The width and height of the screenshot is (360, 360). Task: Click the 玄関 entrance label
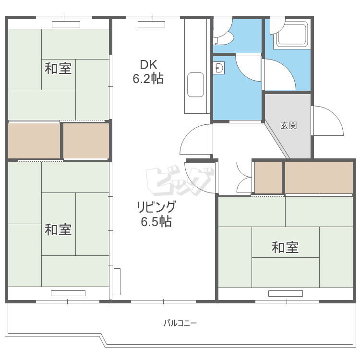tap(288, 126)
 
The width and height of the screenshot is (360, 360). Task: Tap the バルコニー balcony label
tap(180, 323)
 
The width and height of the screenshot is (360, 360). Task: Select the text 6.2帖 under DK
tap(148, 79)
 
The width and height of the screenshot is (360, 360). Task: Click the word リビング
tap(156, 207)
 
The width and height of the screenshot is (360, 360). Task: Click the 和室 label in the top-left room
tap(58, 69)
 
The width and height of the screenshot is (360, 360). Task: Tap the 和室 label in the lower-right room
tap(285, 248)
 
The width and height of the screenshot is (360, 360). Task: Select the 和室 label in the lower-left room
tap(58, 230)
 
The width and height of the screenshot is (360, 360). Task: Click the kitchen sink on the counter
tap(195, 84)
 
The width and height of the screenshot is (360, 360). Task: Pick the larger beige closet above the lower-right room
tap(319, 177)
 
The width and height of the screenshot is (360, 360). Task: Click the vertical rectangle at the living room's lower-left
tap(117, 282)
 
